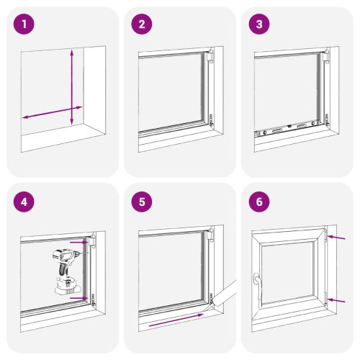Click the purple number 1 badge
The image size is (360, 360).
27,24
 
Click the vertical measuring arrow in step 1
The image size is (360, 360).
72,86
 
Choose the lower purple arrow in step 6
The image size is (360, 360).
336,297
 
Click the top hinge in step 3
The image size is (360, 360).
327,56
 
